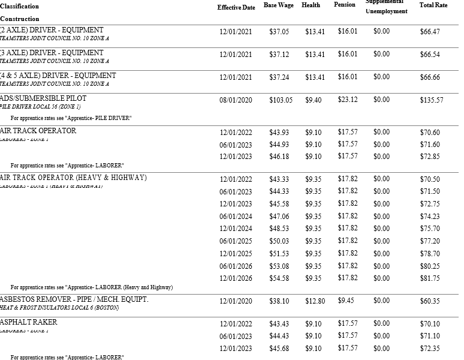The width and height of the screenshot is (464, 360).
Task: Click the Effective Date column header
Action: (x=236, y=7)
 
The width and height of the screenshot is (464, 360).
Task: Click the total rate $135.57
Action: (x=432, y=100)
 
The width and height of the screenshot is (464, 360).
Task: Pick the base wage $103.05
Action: (x=281, y=100)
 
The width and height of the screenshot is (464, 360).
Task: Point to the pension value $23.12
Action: (x=348, y=100)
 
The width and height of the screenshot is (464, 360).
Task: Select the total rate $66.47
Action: (x=430, y=32)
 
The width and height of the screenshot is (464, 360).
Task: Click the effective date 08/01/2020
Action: (x=236, y=100)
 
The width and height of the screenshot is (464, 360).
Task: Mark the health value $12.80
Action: (x=315, y=301)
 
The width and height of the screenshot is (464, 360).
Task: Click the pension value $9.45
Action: (x=346, y=300)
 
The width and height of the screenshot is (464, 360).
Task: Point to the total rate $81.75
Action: (x=430, y=278)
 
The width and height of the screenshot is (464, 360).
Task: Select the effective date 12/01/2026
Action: (x=236, y=278)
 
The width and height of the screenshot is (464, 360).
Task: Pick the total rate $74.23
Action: (x=430, y=217)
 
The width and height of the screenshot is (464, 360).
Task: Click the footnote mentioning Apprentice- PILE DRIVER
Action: (x=71, y=118)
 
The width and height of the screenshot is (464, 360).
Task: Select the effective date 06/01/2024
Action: (x=236, y=217)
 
